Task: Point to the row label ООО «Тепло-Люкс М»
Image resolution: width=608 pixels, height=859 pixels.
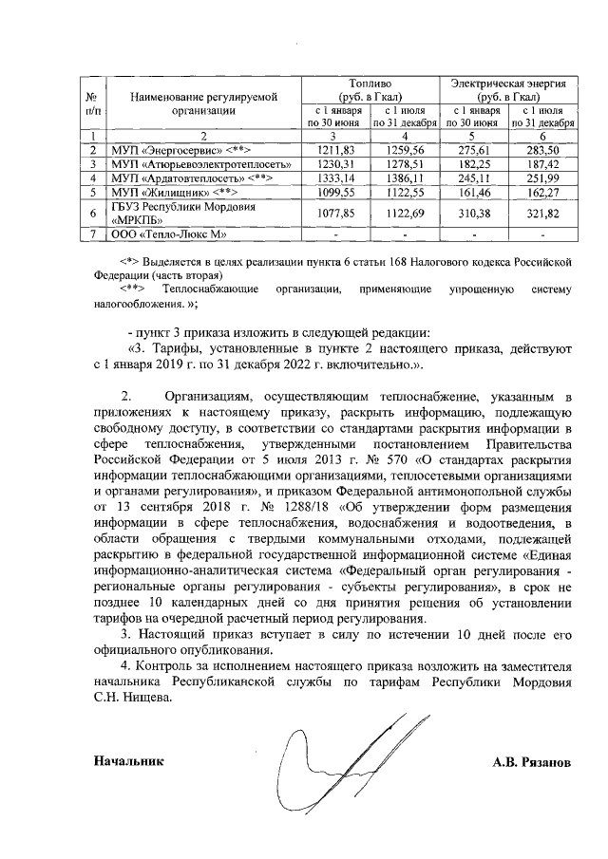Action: point(164,233)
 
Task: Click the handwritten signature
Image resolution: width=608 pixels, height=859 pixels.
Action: point(332,769)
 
